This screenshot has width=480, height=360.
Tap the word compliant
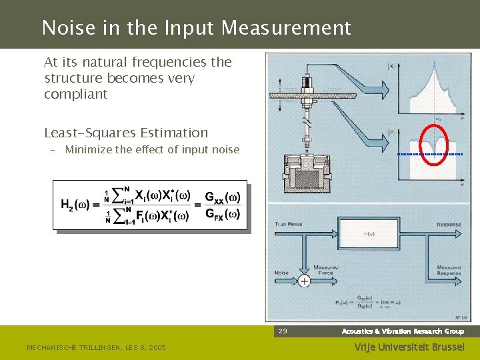pyautogui.click(x=75, y=94)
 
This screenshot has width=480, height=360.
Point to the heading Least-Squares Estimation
pyautogui.click(x=126, y=133)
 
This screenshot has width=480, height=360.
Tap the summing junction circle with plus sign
pyautogui.click(x=304, y=281)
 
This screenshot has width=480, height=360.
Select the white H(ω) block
pyautogui.click(x=369, y=235)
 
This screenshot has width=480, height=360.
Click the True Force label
pyautogui.click(x=289, y=224)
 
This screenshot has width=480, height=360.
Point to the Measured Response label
pyautogui.click(x=449, y=270)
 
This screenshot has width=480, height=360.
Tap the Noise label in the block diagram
pyautogui.click(x=281, y=272)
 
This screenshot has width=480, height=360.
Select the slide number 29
pyautogui.click(x=283, y=331)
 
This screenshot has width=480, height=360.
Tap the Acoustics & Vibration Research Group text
pyautogui.click(x=403, y=331)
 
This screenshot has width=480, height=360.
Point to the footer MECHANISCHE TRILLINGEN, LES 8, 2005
pyautogui.click(x=96, y=347)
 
